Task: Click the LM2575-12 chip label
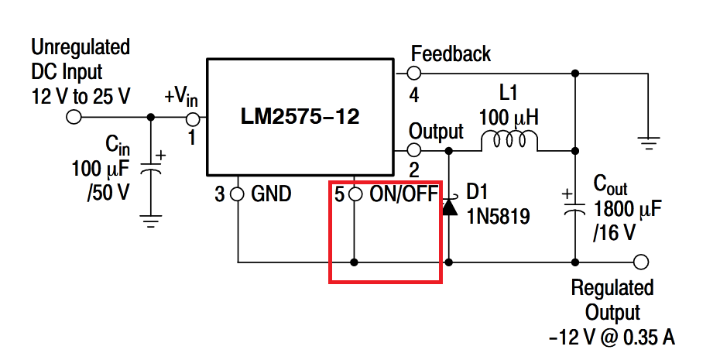point(300,117)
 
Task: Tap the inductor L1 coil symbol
point(509,141)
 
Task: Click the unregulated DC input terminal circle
point(74,118)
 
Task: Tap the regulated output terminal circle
point(640,262)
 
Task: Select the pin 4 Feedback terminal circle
point(414,74)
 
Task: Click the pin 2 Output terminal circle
point(414,149)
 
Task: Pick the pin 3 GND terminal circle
point(238,194)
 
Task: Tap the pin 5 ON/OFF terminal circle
point(355,194)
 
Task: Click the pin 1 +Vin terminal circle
point(194,118)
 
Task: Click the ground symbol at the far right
point(649,142)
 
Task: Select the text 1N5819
point(498,218)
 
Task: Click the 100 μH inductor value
point(509,118)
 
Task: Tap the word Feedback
point(451,54)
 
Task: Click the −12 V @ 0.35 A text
point(612,338)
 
